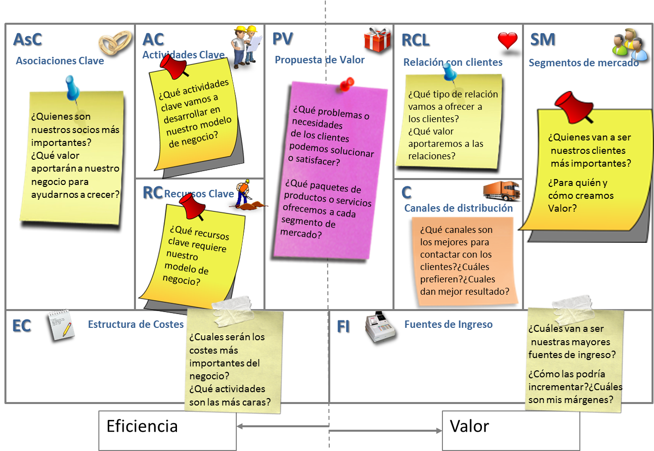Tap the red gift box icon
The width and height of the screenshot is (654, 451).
point(378,40)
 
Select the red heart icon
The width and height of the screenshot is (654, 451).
point(508,40)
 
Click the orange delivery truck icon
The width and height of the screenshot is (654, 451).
point(502,191)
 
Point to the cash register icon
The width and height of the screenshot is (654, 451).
point(380,326)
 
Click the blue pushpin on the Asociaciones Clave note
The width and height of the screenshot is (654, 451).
point(73,90)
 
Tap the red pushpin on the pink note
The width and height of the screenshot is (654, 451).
point(348,85)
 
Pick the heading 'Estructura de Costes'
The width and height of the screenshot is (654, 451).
point(135,324)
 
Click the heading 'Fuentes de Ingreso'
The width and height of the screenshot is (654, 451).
point(448,324)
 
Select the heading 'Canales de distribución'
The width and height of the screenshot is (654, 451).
point(458,208)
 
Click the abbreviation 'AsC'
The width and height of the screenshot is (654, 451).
point(28,40)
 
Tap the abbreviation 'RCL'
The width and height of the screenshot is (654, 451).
point(415,40)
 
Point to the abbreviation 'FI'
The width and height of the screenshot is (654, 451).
point(343,326)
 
